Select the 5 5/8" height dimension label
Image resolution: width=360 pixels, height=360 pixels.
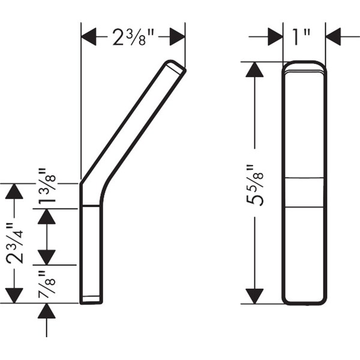click(254, 185)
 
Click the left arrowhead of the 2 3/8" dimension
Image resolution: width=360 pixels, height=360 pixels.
click(89, 37)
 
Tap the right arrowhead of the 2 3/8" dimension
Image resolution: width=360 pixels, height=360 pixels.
click(177, 37)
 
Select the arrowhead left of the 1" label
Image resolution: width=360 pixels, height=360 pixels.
click(275, 37)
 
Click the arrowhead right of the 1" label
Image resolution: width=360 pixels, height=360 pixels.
click(333, 37)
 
